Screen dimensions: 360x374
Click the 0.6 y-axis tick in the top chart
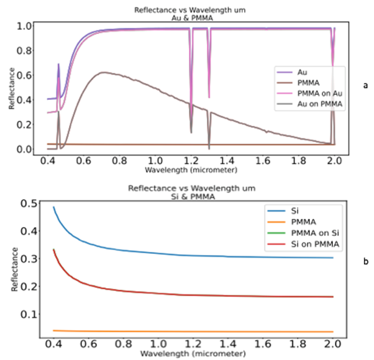tap(22, 76)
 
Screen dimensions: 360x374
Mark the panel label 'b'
tap(366, 263)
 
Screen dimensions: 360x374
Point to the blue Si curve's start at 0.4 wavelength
tap(54, 207)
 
